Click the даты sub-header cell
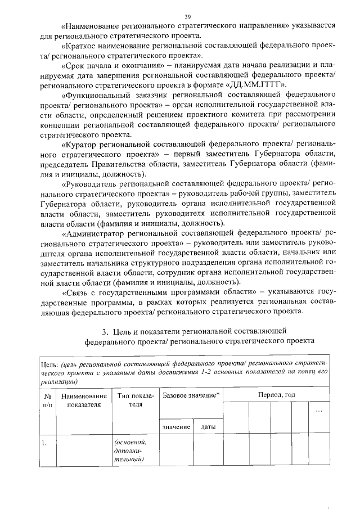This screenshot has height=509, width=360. click(x=208, y=427)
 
